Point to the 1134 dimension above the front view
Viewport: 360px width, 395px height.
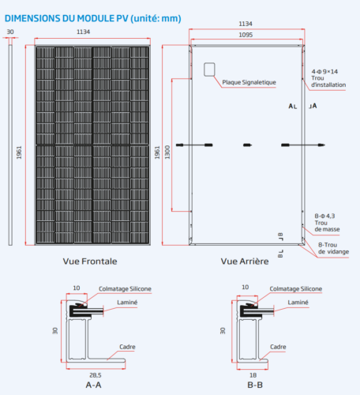(x=93, y=32)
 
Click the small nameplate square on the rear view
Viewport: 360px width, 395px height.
(x=210, y=70)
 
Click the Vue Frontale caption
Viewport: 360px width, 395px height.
(x=89, y=260)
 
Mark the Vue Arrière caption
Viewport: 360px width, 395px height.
(x=245, y=260)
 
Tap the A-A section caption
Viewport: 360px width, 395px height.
(x=92, y=385)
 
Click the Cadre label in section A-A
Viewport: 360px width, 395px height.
(x=127, y=345)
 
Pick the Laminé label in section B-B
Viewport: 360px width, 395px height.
(x=298, y=303)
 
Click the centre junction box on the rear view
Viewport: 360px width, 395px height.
(x=247, y=145)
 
